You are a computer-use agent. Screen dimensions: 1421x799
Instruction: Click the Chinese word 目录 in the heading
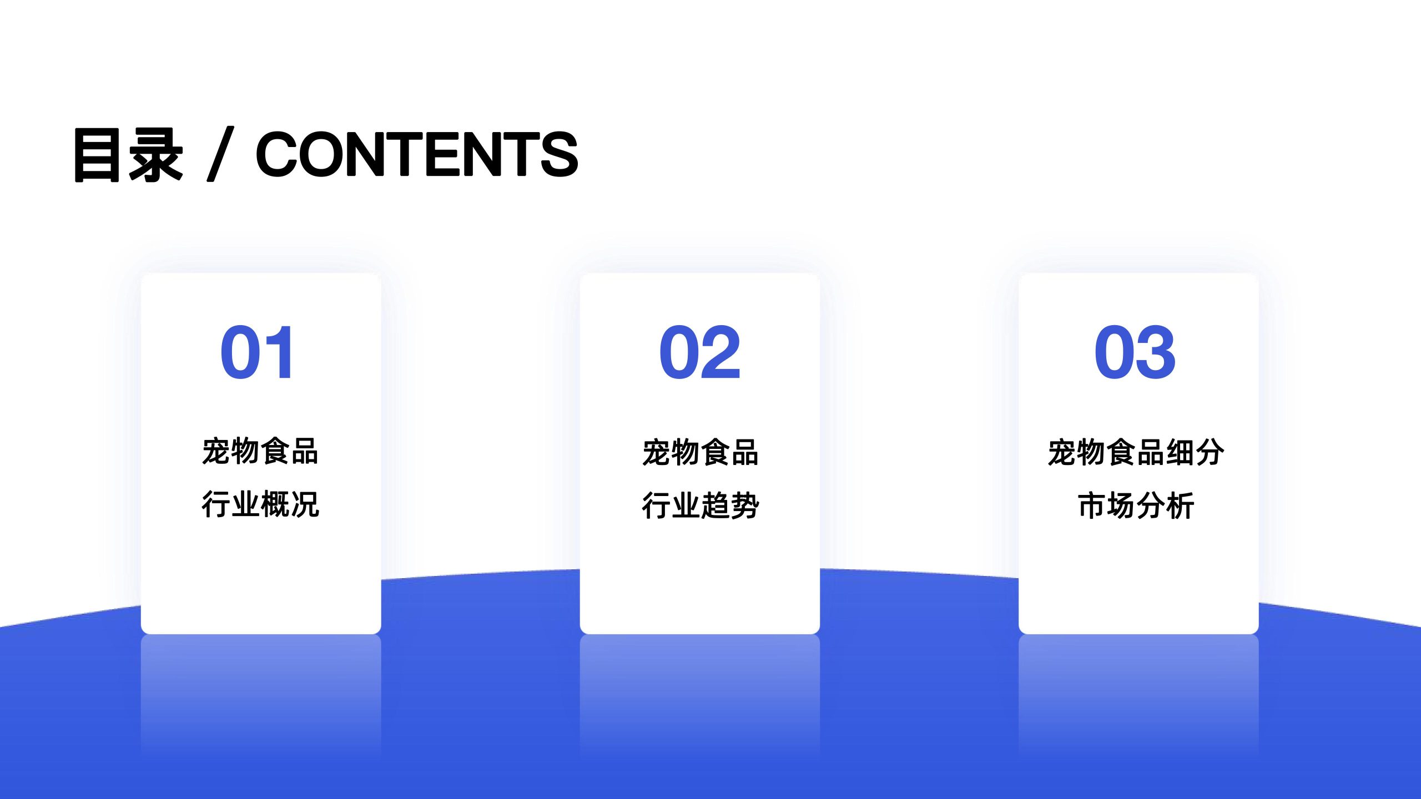[128, 154]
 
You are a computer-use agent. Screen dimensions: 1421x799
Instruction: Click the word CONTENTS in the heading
[417, 154]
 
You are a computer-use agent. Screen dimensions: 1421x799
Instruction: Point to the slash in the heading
[220, 154]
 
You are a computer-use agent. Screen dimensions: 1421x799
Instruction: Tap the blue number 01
[257, 352]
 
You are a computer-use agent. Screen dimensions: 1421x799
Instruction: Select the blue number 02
[700, 352]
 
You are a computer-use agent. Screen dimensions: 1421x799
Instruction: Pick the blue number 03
[1135, 352]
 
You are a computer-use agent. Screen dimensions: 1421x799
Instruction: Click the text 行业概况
[260, 504]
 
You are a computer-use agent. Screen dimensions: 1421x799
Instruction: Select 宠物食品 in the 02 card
[701, 452]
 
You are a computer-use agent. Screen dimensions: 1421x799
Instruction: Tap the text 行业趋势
[701, 505]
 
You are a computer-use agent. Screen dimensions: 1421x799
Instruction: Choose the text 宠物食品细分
[1136, 452]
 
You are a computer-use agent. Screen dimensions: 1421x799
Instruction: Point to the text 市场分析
[1136, 505]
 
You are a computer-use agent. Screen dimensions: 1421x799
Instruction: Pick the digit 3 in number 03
[1157, 352]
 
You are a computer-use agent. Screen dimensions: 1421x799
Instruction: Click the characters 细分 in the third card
[1195, 452]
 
